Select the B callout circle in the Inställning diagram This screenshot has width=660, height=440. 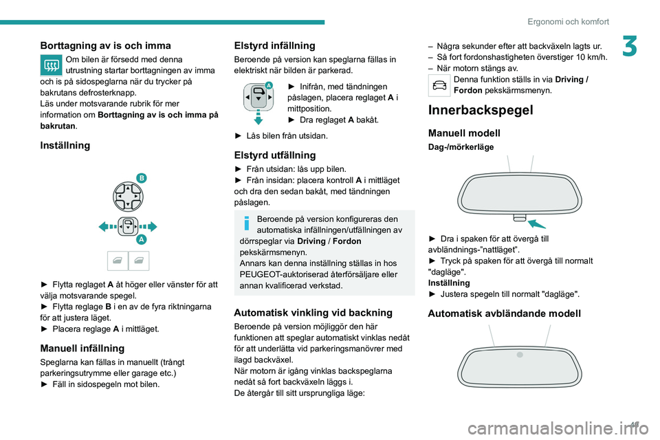point(141,178)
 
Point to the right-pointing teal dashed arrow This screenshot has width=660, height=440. point(148,226)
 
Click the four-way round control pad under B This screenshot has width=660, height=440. point(128,197)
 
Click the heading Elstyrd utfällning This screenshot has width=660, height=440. point(275,155)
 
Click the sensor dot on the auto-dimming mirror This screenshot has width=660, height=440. point(520,354)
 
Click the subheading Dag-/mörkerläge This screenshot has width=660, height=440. point(461,147)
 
